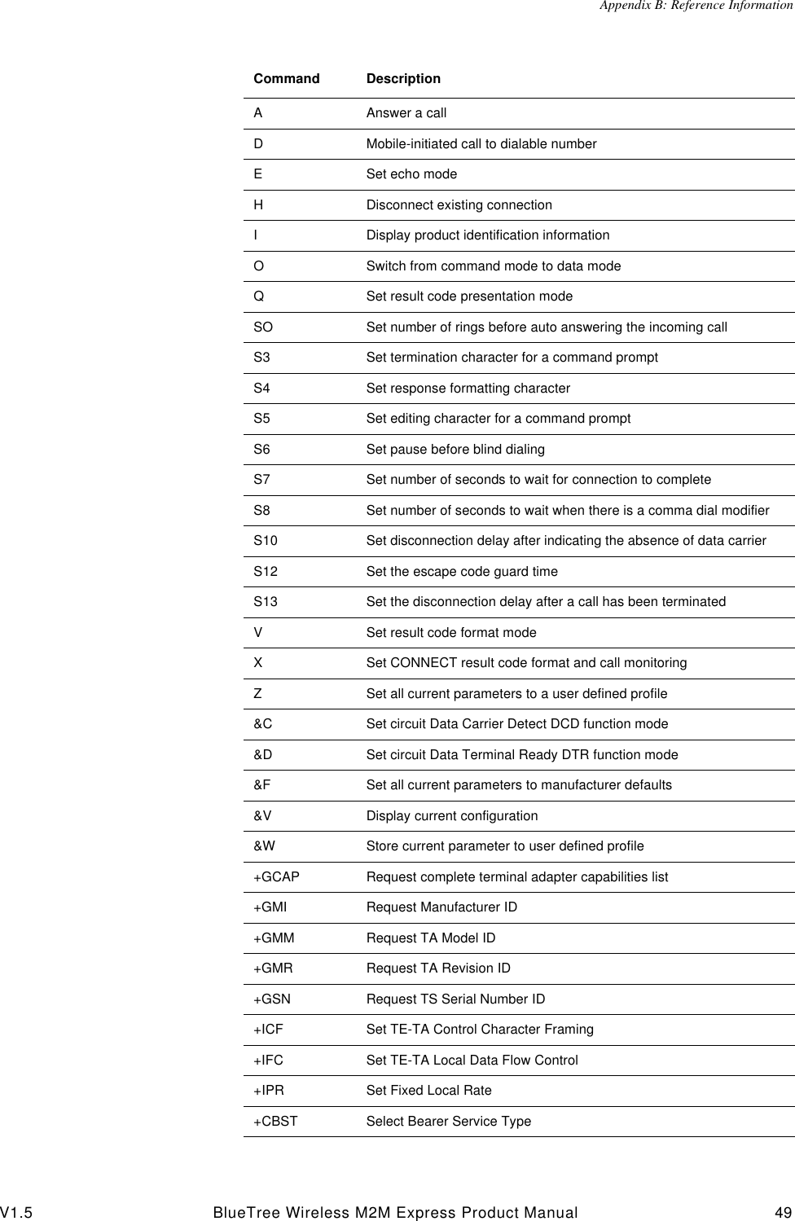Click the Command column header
click(x=286, y=79)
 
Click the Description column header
click(x=403, y=79)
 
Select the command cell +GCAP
click(x=276, y=877)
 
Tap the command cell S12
click(x=266, y=572)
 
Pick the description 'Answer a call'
click(x=406, y=113)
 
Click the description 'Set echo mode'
click(x=411, y=174)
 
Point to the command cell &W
click(x=264, y=846)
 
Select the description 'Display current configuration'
click(x=451, y=816)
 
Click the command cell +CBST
click(x=275, y=1122)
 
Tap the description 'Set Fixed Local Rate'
click(x=428, y=1091)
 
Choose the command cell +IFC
click(x=268, y=1061)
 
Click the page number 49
click(x=781, y=1213)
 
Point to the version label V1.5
click(x=17, y=1213)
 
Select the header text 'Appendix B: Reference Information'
click(x=696, y=7)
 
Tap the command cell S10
click(x=266, y=541)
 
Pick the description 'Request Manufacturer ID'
click(x=441, y=907)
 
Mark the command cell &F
click(x=262, y=785)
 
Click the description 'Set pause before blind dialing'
click(x=455, y=450)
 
